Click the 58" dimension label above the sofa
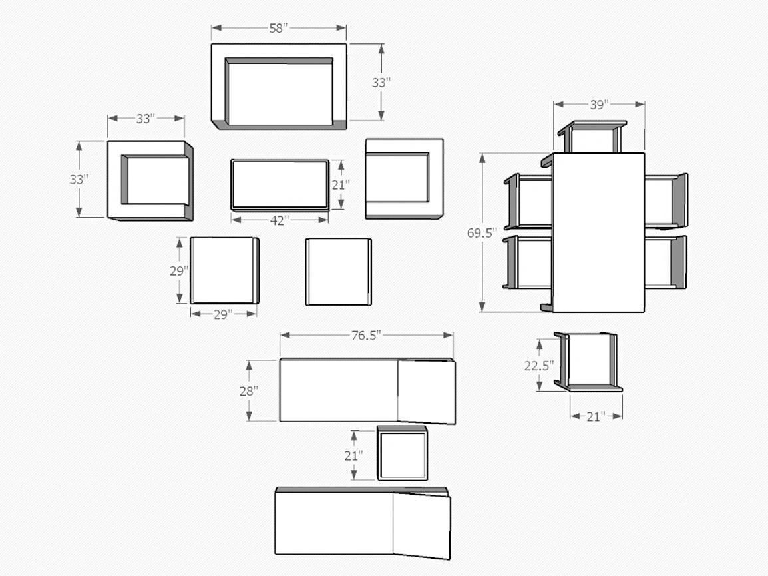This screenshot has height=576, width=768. point(278,28)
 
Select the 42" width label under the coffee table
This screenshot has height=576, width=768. point(280,220)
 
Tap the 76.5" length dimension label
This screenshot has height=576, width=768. point(366,336)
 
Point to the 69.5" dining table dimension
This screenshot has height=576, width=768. point(482,233)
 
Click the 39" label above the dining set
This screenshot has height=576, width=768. point(599,105)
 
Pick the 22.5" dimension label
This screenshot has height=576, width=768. point(539,366)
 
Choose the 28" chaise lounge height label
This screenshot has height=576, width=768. point(249,391)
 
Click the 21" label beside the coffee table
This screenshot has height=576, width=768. point(340,185)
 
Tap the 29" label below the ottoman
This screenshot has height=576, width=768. point(223,314)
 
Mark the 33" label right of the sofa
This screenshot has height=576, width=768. point(381,83)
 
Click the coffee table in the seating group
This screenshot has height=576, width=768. point(280,185)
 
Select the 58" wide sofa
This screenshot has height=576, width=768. point(280,87)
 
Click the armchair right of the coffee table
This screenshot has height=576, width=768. point(404,178)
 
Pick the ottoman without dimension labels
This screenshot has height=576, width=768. point(339,272)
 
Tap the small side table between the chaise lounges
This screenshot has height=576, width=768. point(402,453)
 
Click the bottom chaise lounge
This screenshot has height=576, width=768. point(363,523)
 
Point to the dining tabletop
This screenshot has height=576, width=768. point(598,232)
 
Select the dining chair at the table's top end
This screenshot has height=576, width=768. point(593,137)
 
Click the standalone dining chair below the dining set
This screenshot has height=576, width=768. point(588,362)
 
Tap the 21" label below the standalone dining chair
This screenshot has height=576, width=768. point(596,417)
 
